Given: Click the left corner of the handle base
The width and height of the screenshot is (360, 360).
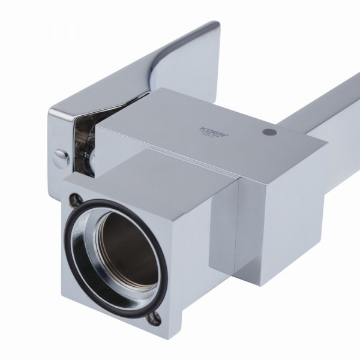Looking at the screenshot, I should click(52, 114).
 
